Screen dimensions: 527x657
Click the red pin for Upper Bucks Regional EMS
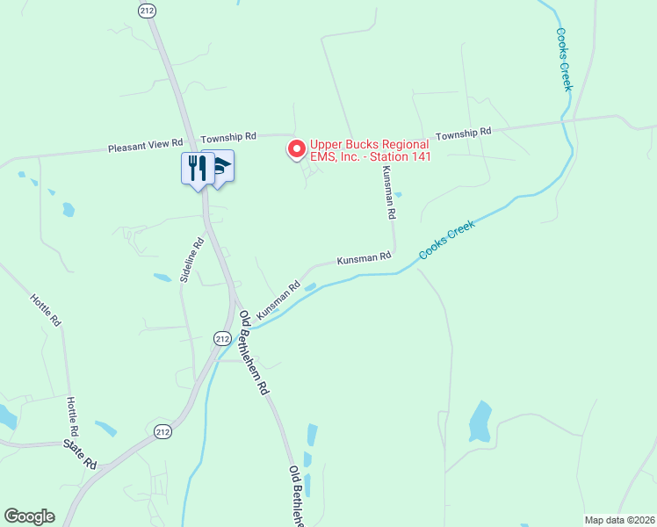[x=297, y=149]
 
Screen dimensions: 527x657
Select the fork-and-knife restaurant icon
[x=195, y=167]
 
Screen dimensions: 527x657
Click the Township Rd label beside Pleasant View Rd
[x=227, y=138]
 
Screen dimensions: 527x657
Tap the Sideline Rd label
[x=191, y=259]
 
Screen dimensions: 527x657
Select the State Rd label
[x=80, y=454]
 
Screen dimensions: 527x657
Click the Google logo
[x=29, y=516]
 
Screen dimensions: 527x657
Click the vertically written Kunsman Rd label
[x=389, y=193]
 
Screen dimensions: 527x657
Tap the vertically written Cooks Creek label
[x=564, y=59]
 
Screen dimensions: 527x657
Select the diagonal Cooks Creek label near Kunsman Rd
[x=446, y=239]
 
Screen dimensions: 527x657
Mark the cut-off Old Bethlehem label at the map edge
[x=297, y=495]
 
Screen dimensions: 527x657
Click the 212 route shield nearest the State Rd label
[x=162, y=432]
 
